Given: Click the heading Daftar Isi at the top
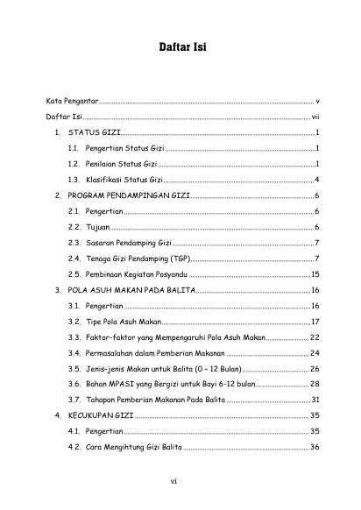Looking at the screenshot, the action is pos(180,46).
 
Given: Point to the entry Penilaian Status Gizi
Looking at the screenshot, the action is pos(121,164).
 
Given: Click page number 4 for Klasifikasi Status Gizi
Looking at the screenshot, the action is pos(316,179).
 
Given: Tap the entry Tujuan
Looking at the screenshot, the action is pos(97,226).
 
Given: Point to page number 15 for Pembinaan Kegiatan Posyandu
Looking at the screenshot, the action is pos(315,274).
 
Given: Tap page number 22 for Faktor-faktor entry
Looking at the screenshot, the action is pos(315,337).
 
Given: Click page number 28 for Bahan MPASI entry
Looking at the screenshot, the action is pos(315,385).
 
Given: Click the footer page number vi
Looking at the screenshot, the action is pos(176,480).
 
